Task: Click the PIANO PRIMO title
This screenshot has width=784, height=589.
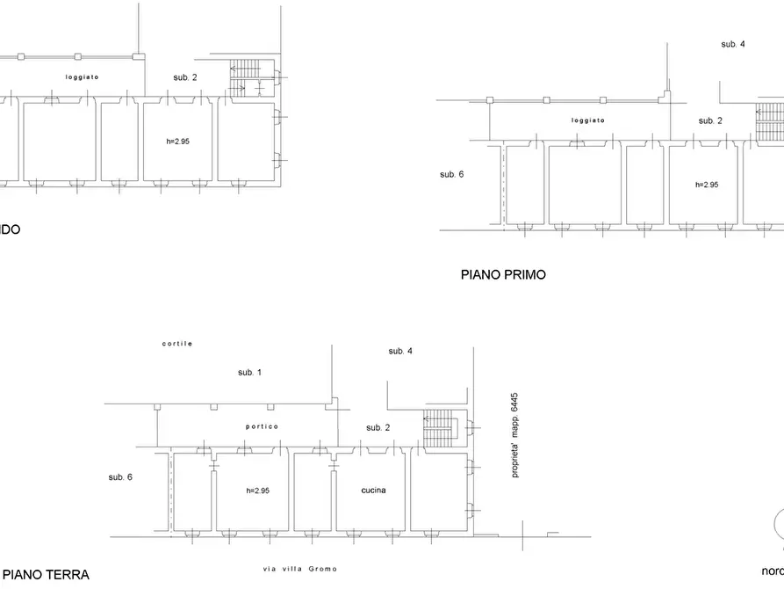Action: click(x=503, y=274)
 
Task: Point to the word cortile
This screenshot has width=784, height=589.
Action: click(x=176, y=343)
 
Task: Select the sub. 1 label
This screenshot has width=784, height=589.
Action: click(x=249, y=373)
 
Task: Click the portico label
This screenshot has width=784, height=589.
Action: click(x=262, y=426)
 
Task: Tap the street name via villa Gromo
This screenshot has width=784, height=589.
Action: click(x=306, y=568)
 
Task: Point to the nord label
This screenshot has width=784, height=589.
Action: click(x=772, y=569)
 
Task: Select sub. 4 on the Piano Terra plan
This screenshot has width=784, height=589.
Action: click(x=400, y=352)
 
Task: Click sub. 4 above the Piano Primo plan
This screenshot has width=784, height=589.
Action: click(x=733, y=44)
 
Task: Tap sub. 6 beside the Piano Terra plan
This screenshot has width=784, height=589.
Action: click(x=120, y=477)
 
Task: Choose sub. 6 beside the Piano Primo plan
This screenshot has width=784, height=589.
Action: click(x=451, y=175)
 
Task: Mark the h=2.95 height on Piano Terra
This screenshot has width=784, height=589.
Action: click(x=257, y=491)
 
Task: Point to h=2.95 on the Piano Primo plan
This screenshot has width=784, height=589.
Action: click(x=706, y=185)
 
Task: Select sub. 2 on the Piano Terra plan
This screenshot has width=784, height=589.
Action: click(x=378, y=427)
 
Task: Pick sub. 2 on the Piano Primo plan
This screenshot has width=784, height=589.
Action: click(x=710, y=120)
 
